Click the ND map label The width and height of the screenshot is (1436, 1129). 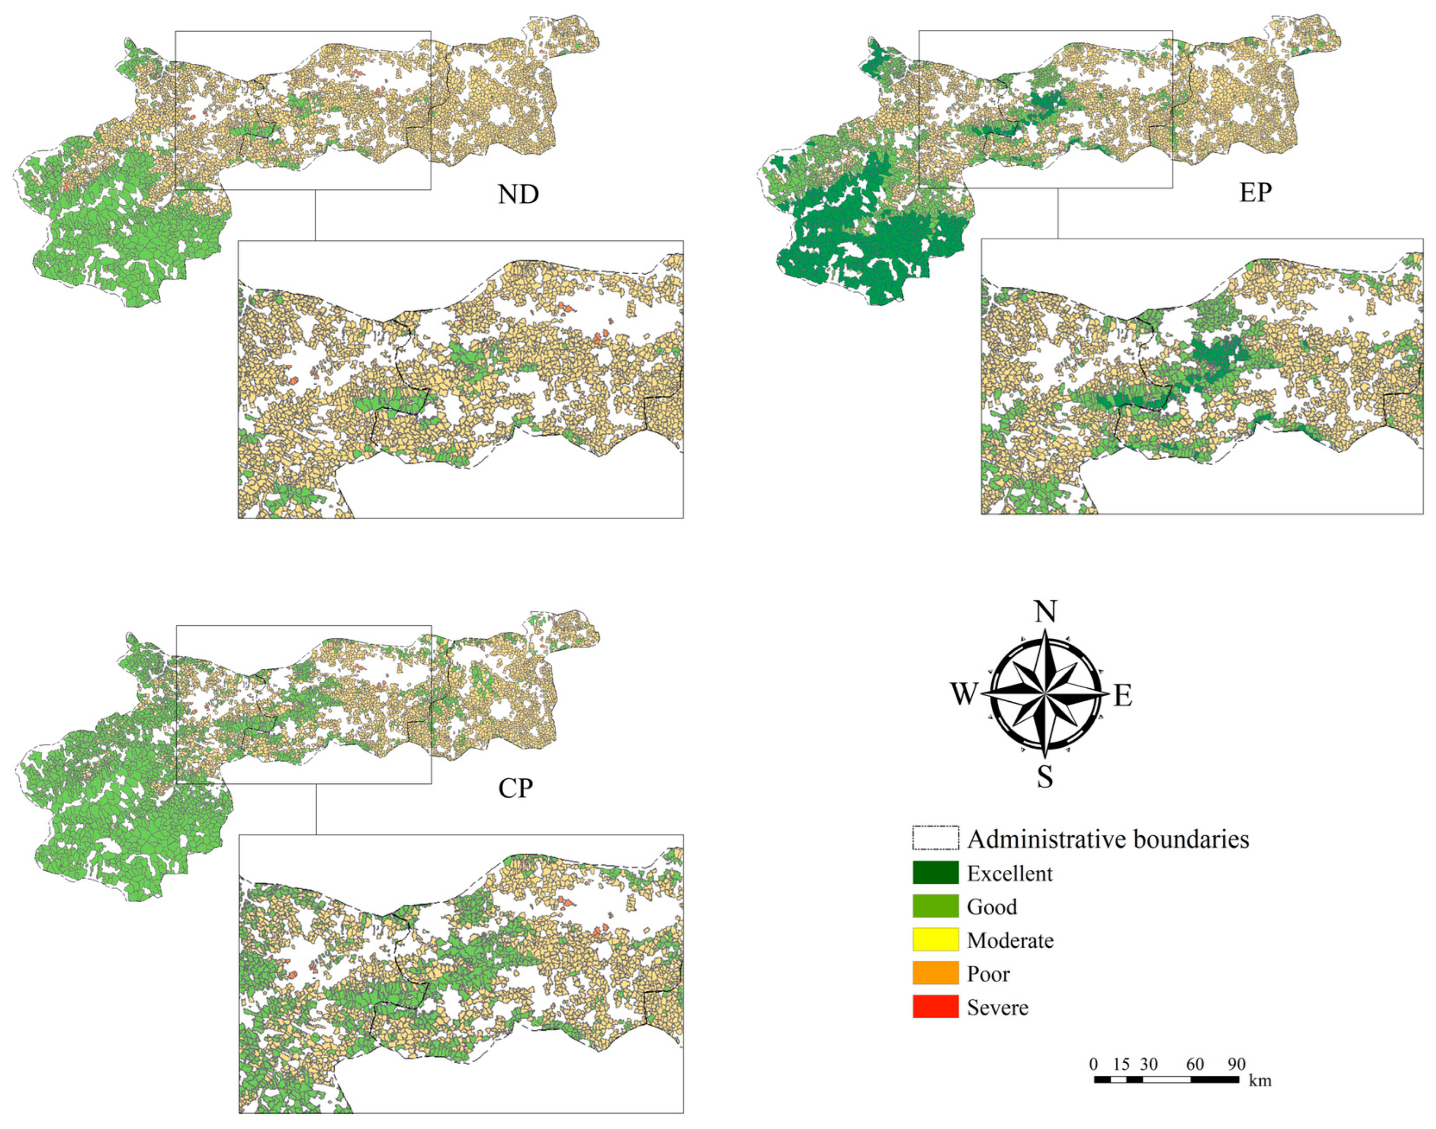pyautogui.click(x=518, y=194)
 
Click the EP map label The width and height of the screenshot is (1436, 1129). pyautogui.click(x=1254, y=193)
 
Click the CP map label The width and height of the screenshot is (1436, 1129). pyautogui.click(x=516, y=788)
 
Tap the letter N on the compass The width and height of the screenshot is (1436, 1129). pyautogui.click(x=1045, y=612)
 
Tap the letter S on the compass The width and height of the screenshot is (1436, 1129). pyautogui.click(x=1045, y=777)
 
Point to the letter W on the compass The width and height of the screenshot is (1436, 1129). pyautogui.click(x=964, y=694)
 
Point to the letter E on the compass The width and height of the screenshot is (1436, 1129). pyautogui.click(x=1123, y=695)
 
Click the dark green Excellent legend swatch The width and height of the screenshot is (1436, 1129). pyautogui.click(x=935, y=873)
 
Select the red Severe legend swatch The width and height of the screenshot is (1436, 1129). pyautogui.click(x=935, y=1007)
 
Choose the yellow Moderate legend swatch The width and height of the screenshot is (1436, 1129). pyautogui.click(x=935, y=939)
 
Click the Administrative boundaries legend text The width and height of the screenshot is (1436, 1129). pyautogui.click(x=1108, y=839)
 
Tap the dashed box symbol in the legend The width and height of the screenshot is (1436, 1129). pyautogui.click(x=935, y=838)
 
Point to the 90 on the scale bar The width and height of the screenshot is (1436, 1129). pyautogui.click(x=1236, y=1064)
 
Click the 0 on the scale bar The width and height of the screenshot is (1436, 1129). pyautogui.click(x=1094, y=1064)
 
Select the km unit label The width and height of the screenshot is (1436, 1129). pyautogui.click(x=1260, y=1081)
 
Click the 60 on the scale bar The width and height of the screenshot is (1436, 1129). pyautogui.click(x=1195, y=1064)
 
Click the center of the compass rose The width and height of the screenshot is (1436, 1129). pyautogui.click(x=1045, y=694)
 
